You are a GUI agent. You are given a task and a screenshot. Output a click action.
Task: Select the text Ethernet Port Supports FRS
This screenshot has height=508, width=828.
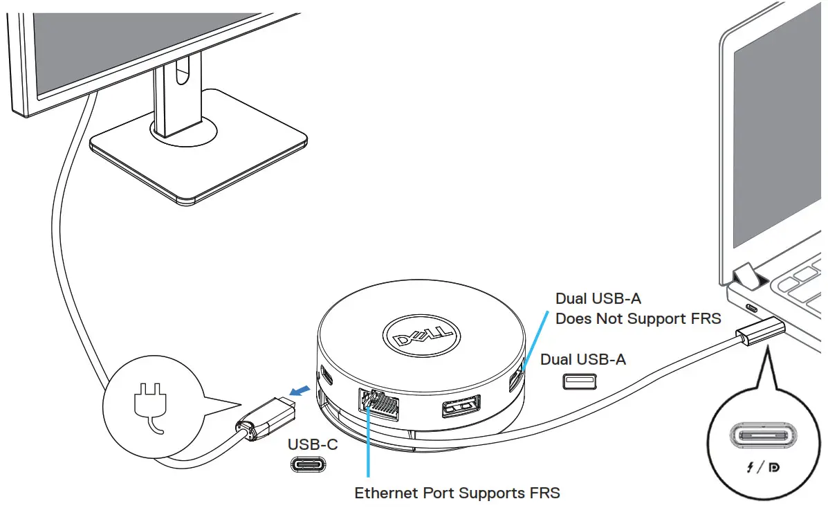pyautogui.click(x=457, y=493)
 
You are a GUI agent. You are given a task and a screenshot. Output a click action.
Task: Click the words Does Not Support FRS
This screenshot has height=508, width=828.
pyautogui.click(x=638, y=319)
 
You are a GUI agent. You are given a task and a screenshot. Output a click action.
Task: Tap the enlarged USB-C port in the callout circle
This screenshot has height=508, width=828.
pyautogui.click(x=763, y=437)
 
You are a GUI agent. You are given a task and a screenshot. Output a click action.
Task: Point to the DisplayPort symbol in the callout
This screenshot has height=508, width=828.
pyautogui.click(x=774, y=469)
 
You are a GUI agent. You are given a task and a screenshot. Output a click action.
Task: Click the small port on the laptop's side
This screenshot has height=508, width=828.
pyautogui.click(x=750, y=309)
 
